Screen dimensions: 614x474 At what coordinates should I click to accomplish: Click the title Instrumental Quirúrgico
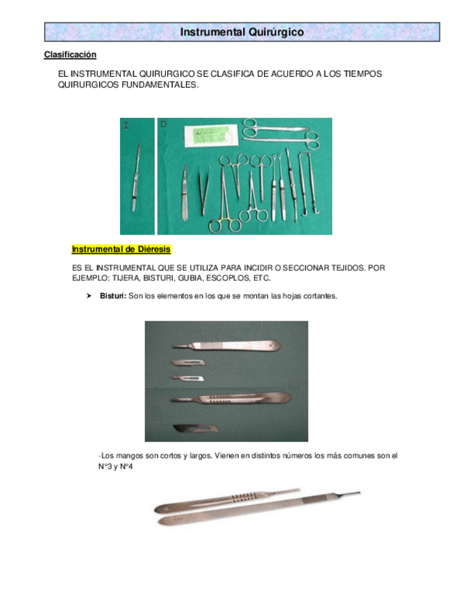point(242,33)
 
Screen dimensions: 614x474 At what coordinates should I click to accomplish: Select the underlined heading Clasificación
point(70,55)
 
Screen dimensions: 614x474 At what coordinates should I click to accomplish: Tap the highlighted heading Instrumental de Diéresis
point(121,250)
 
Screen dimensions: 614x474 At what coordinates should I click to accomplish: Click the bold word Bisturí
point(112,296)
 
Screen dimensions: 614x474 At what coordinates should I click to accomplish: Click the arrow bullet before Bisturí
point(89,296)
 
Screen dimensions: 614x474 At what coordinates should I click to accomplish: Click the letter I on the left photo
point(126,126)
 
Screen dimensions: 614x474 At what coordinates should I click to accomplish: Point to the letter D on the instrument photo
point(164,125)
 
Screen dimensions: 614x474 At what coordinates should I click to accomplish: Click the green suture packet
point(209,135)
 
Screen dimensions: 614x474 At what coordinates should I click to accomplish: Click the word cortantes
point(319,296)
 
